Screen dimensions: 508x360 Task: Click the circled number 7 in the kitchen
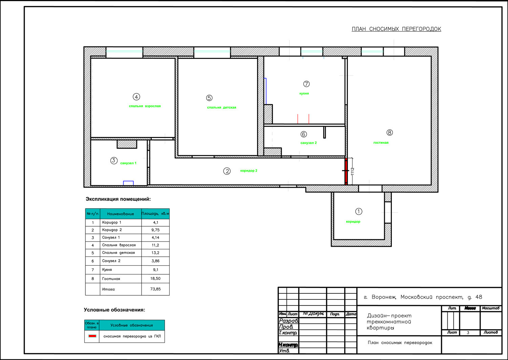pos(306,84)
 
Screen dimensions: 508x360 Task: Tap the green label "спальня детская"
pos(221,107)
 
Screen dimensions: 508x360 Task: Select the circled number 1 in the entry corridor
pos(359,211)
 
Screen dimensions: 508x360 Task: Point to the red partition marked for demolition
pos(346,171)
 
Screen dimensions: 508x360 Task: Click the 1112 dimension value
pos(353,172)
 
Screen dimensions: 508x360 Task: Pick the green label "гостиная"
pos(381,142)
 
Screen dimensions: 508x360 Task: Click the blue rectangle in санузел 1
pos(128,183)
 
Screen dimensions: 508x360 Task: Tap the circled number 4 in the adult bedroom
pos(136,97)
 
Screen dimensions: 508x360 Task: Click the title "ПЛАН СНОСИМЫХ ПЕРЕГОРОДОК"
pos(396,29)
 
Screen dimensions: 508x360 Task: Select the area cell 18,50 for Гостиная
pos(155,278)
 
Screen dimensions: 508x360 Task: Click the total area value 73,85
pos(155,289)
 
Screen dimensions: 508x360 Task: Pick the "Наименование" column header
pos(121,213)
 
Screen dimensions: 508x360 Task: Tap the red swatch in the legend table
pos(92,336)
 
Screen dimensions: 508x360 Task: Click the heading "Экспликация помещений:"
pos(118,199)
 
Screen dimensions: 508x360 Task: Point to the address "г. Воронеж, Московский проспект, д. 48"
pos(423,297)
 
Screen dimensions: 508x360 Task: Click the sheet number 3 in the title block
pos(468,333)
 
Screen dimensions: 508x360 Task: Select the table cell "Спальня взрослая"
pos(119,245)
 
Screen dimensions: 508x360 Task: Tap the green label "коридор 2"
pos(249,171)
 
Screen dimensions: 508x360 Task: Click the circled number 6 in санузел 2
pos(304,134)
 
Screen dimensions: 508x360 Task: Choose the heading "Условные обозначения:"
pos(114,310)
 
